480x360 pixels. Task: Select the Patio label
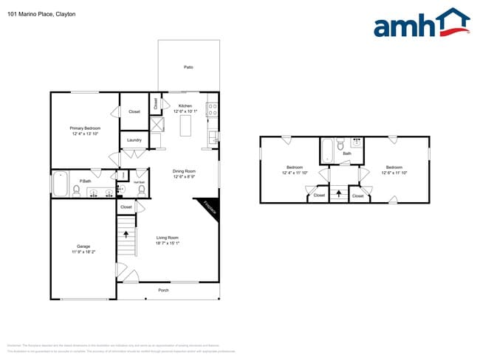[x=188, y=67]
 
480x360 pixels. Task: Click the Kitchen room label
[x=185, y=105]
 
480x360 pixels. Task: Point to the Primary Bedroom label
[x=86, y=128]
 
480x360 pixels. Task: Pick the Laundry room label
[x=134, y=139]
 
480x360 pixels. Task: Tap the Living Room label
[x=168, y=238]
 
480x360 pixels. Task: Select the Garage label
[x=83, y=246]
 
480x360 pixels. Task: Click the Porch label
[x=164, y=290]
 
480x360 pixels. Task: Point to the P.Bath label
[x=86, y=181]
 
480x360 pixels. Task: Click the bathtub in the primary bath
[x=60, y=184]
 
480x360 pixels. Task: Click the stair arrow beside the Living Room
[x=126, y=234]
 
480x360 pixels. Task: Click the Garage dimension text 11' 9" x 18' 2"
[x=83, y=252]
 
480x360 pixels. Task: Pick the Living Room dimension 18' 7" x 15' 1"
[x=168, y=243]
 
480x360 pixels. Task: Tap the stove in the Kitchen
[x=212, y=110]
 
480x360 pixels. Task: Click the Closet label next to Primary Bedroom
[x=134, y=111]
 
